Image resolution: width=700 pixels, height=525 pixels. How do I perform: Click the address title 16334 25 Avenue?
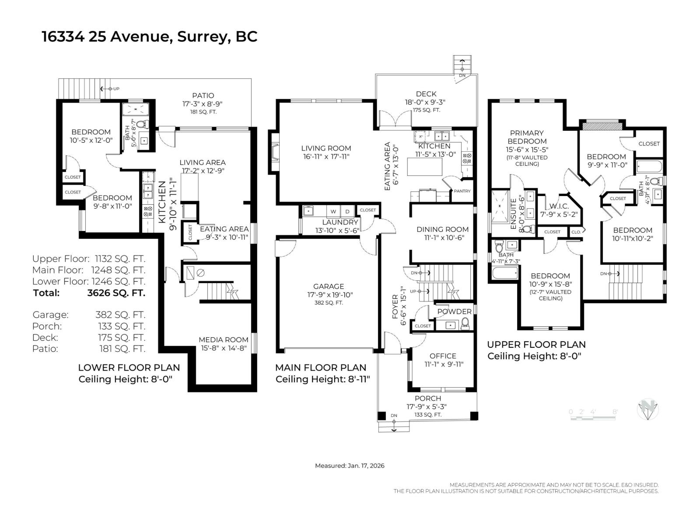(149, 37)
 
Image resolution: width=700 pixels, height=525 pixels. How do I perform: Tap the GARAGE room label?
(328, 287)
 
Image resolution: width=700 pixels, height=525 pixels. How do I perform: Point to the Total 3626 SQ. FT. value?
(116, 293)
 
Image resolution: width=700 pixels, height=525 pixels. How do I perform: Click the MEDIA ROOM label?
(223, 339)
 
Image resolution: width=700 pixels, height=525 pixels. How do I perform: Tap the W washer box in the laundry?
(333, 212)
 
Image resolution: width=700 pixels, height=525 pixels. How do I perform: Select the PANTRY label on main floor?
(462, 191)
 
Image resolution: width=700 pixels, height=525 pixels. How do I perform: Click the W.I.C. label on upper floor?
(558, 206)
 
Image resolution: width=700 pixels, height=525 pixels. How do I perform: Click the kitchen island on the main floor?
(424, 166)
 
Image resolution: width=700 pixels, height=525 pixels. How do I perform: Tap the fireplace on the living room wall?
(275, 151)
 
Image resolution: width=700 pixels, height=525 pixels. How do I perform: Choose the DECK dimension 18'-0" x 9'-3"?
(425, 102)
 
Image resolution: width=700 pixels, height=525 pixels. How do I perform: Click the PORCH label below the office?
(427, 398)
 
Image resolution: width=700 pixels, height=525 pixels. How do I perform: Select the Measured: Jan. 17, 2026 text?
(350, 465)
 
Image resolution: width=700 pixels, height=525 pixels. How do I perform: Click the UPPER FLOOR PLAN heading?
(536, 345)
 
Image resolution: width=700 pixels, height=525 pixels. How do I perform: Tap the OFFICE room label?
(442, 356)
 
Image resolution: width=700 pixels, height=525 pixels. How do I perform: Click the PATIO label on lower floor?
(203, 95)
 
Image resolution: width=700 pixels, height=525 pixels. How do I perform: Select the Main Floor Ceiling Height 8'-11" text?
(322, 379)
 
